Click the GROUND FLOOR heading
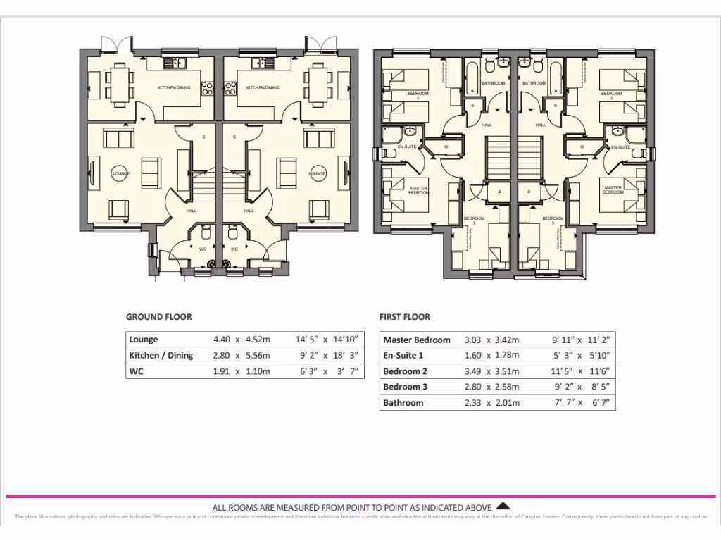[158, 317]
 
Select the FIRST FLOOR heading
[404, 317]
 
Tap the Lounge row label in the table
[144, 340]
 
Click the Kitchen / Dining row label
[161, 356]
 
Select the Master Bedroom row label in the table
[416, 340]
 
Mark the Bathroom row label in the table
[403, 403]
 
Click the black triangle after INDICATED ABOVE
[503, 505]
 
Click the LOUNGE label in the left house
[121, 173]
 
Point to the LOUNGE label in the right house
[317, 173]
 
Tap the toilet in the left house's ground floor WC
[205, 233]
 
